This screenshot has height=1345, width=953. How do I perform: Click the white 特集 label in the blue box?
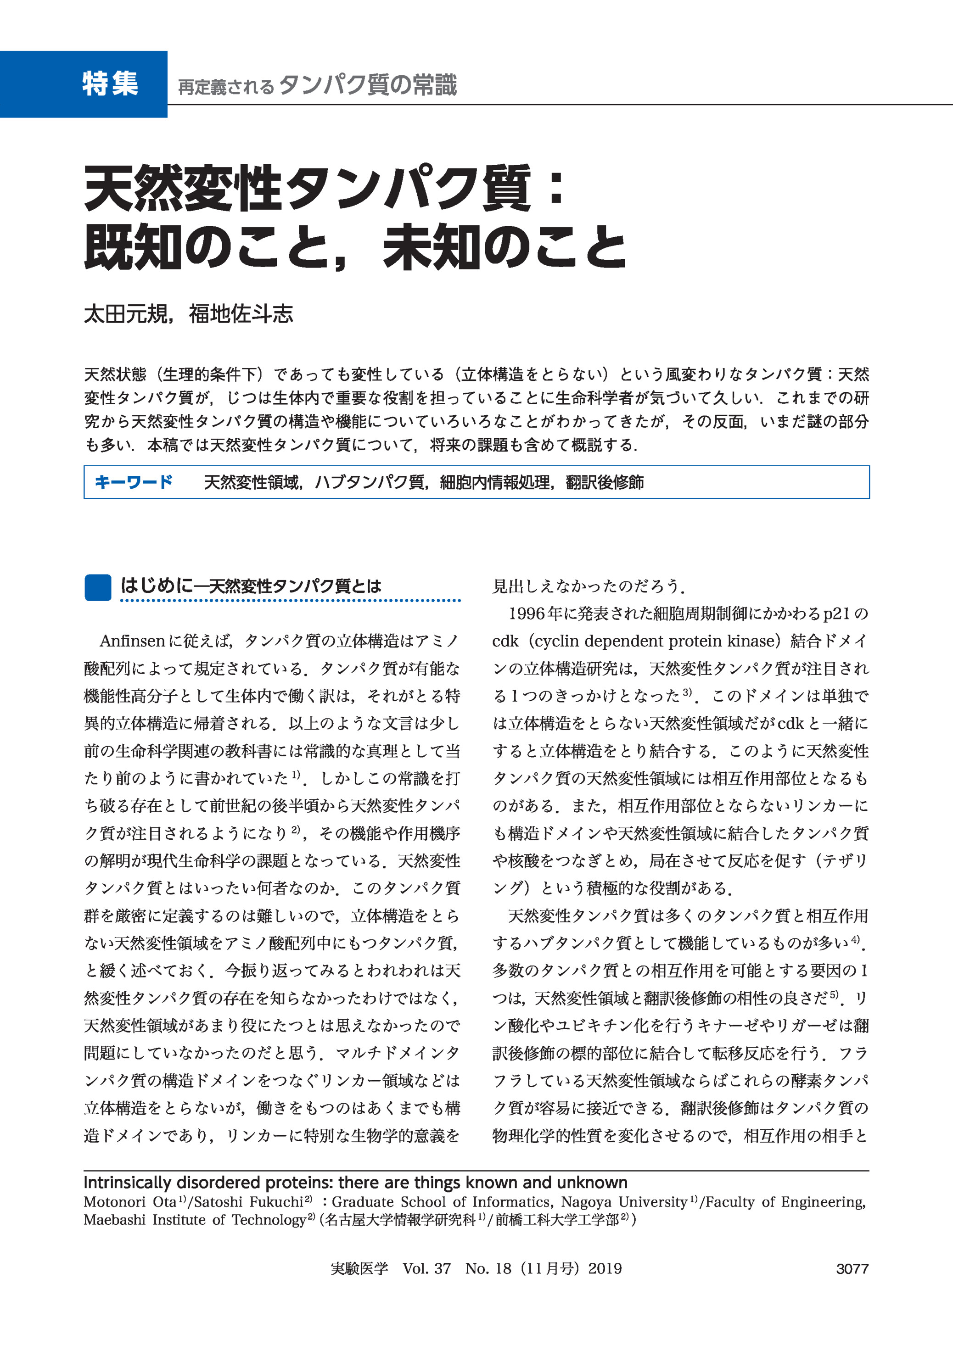coord(110,84)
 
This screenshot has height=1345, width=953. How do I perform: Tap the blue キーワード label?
coord(133,482)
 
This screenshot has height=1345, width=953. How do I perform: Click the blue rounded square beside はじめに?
coord(97,587)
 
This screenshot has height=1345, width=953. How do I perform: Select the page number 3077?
coord(852,1269)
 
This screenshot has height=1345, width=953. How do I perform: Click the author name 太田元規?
coord(126,314)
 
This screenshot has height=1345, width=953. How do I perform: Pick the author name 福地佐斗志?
coord(241,314)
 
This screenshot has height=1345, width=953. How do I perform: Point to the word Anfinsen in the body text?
coord(133,641)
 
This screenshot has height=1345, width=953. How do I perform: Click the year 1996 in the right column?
coord(527,614)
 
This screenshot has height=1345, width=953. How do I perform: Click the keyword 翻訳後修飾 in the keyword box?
coord(605,482)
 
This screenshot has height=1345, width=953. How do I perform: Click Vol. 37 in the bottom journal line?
coord(426,1269)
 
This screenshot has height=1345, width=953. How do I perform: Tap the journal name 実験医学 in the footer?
coord(359,1269)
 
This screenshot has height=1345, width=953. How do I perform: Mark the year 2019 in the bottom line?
coord(605,1269)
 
